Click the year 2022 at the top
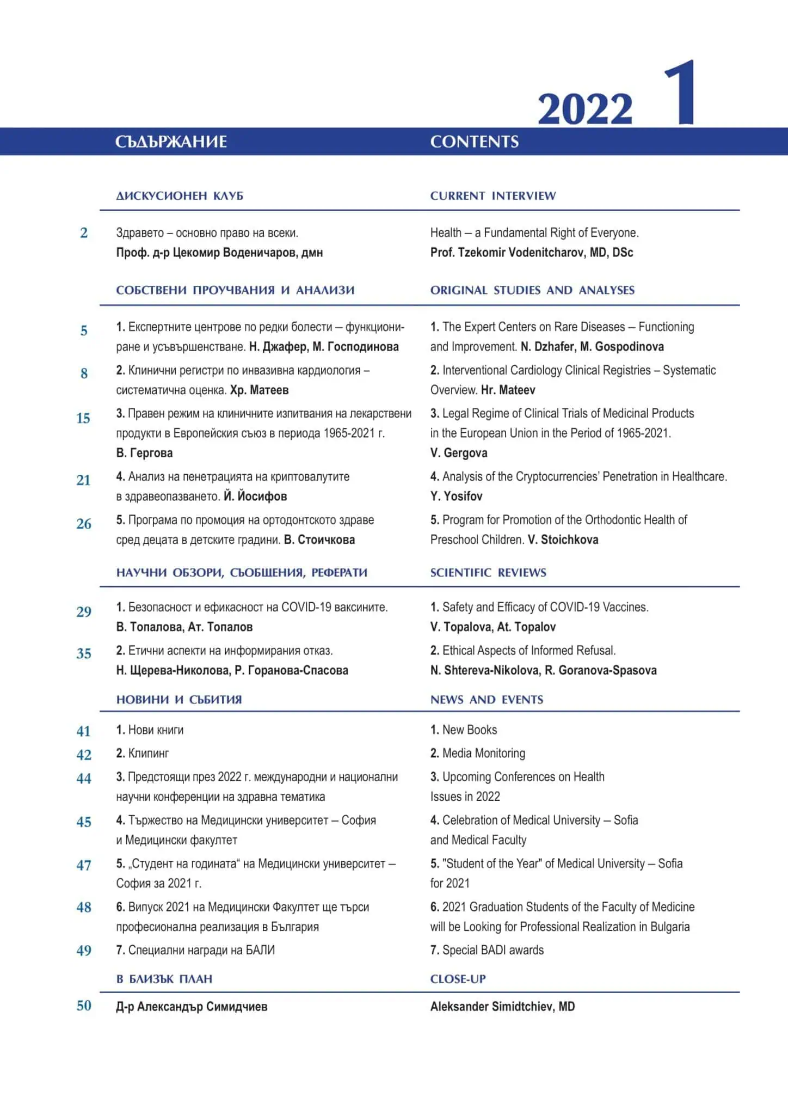(585, 109)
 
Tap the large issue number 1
(680, 93)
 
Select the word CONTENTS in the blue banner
(474, 142)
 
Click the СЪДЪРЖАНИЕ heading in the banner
(171, 142)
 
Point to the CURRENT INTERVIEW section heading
(493, 195)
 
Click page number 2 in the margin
(84, 233)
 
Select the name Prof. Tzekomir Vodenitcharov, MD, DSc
(532, 253)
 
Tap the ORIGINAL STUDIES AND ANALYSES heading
(532, 290)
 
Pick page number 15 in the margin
(83, 418)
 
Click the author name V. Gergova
(459, 453)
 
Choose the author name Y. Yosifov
(456, 497)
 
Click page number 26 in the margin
(84, 524)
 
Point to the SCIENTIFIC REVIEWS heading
(488, 573)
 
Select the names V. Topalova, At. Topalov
(493, 627)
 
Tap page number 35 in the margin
(84, 653)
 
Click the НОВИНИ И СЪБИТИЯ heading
(178, 700)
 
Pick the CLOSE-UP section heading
(458, 979)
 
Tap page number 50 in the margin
(84, 1006)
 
